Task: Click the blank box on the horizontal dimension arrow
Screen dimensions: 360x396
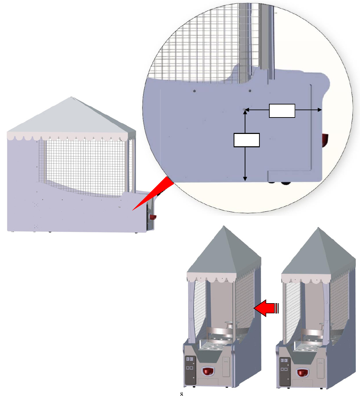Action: tap(282, 110)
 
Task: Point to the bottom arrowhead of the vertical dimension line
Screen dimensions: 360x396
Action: tap(245, 178)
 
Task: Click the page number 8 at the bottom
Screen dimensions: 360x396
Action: tap(182, 394)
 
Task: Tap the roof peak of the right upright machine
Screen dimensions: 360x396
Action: tap(318, 228)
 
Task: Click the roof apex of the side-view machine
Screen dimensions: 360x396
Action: tap(71, 98)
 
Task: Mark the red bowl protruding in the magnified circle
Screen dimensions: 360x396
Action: tap(324, 140)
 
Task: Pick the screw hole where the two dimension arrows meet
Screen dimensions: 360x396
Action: tap(244, 110)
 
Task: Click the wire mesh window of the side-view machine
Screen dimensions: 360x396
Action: tap(84, 164)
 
